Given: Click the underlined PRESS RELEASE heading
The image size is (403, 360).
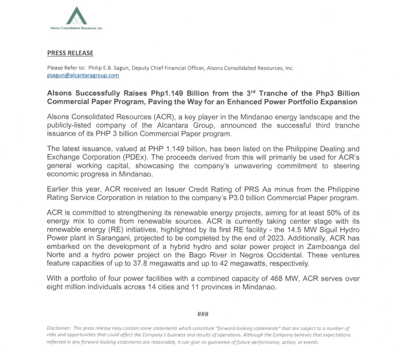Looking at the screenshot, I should click(70, 53).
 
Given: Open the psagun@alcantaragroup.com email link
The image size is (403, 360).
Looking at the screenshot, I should click(83, 75).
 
